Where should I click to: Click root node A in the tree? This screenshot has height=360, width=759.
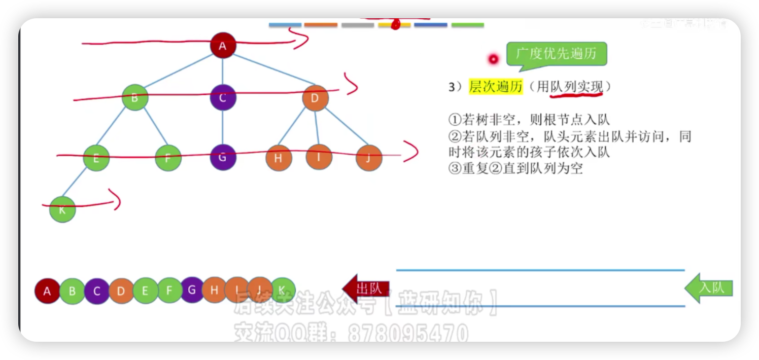[x=223, y=46]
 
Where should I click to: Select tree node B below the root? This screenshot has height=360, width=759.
[x=135, y=97]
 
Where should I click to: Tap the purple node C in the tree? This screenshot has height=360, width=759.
[x=223, y=97]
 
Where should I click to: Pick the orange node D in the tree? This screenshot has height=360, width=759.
[x=315, y=98]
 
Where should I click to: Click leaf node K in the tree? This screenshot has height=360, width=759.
[x=62, y=209]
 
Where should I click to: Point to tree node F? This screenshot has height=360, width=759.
[x=168, y=158]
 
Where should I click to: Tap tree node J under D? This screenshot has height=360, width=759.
[x=369, y=158]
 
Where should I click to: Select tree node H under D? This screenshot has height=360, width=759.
[x=279, y=158]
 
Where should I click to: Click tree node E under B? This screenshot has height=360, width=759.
[x=96, y=158]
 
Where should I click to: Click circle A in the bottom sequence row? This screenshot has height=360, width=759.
[x=47, y=291]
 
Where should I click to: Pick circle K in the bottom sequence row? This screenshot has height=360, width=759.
[x=283, y=290]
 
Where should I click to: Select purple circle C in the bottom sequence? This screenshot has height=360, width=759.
[x=97, y=291]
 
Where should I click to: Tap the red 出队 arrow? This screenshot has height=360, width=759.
[x=366, y=289]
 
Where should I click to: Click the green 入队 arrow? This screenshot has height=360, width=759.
[x=709, y=288]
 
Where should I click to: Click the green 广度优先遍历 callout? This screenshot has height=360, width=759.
[x=557, y=54]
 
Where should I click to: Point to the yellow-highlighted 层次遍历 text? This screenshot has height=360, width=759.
[x=495, y=87]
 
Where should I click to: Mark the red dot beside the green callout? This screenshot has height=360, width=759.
[x=493, y=59]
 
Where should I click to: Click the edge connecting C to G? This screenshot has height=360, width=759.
[x=223, y=127]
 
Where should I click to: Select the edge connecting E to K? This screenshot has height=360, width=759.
[x=79, y=184]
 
